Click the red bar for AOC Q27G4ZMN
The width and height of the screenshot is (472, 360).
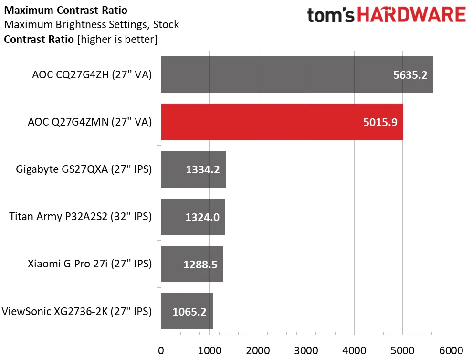point(282,122)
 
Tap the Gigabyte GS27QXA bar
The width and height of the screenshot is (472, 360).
point(193,169)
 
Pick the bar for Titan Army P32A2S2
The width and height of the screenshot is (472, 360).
point(193,217)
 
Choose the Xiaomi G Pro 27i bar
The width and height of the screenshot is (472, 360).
point(192,264)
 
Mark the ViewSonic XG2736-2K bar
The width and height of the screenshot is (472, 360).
point(187,311)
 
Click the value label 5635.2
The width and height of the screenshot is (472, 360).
point(410,75)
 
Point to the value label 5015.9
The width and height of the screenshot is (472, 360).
point(380,122)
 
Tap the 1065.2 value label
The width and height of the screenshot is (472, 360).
point(189,312)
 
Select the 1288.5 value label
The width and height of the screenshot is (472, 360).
point(200,264)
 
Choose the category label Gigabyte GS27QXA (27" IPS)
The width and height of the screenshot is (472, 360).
point(84,169)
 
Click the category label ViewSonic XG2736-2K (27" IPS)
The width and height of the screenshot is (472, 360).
point(77,312)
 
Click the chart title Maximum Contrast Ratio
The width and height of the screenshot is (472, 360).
point(65,10)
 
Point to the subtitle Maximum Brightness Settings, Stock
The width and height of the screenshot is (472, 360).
point(91,24)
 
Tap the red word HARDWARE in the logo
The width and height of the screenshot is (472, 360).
point(411,15)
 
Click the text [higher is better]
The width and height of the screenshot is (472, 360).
point(117,39)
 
